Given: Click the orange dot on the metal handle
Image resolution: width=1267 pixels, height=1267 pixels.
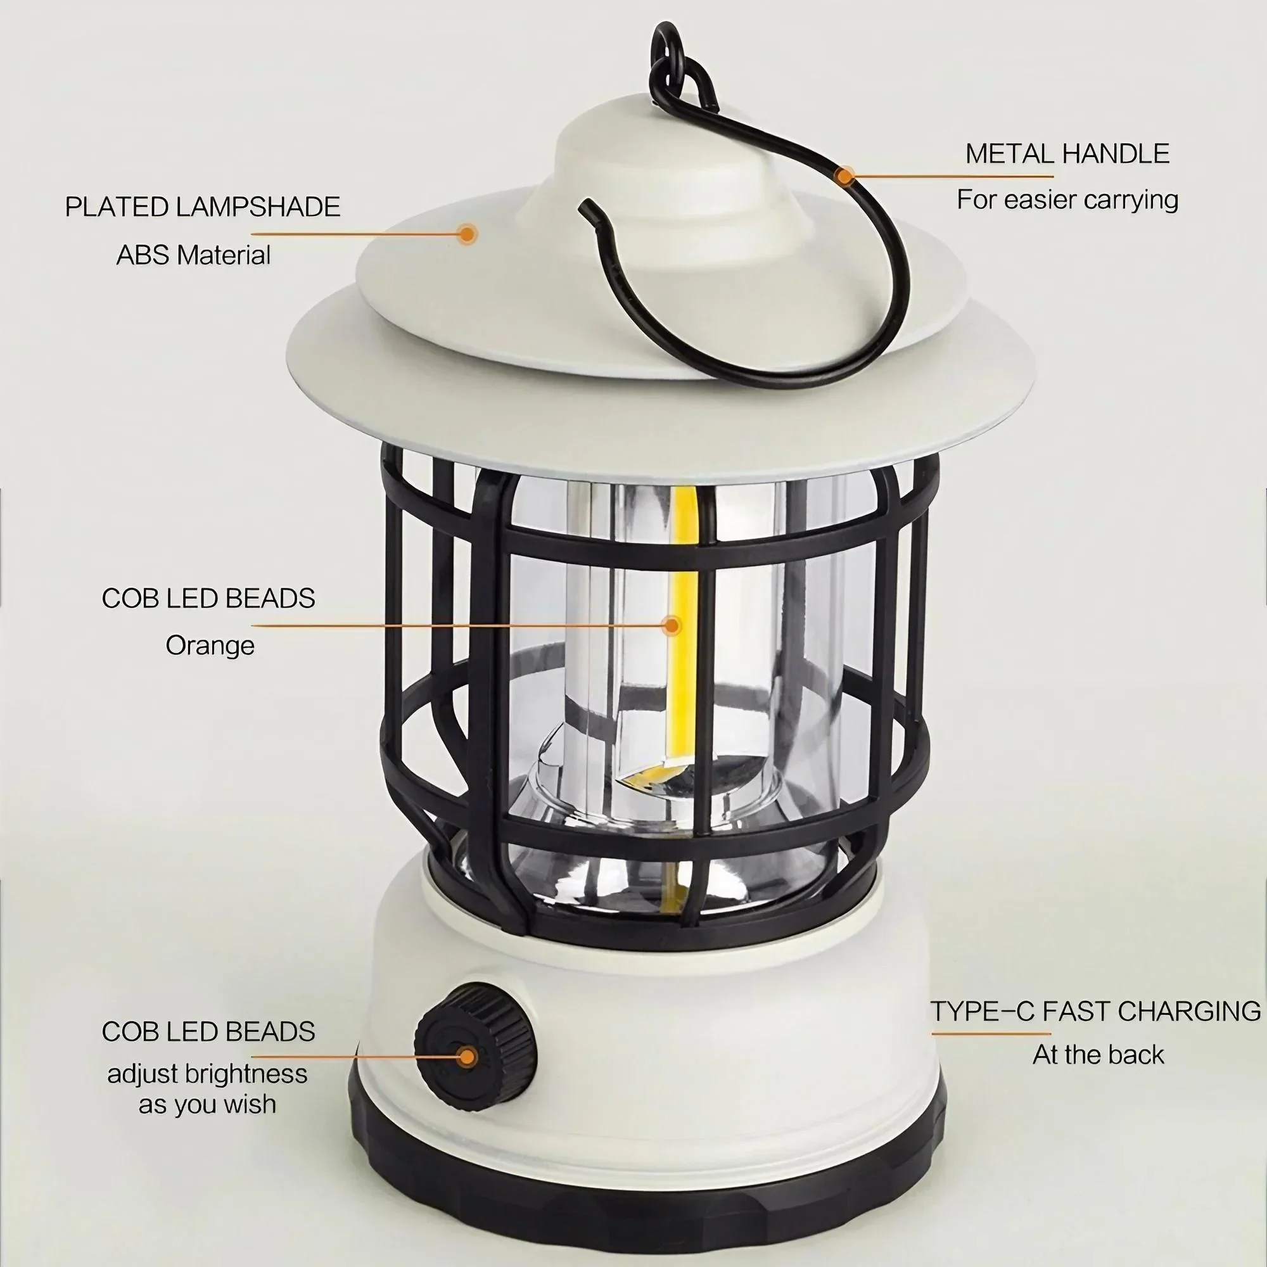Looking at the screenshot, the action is [x=846, y=175].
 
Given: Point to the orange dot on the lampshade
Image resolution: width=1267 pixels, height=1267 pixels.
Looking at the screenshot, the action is [x=467, y=234].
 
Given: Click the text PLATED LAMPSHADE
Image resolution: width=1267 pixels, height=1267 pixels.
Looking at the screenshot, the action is [x=203, y=207].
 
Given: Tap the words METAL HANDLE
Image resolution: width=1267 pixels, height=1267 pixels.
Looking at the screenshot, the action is [x=1067, y=153].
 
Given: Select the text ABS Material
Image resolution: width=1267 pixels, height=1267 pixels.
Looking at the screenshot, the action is [x=193, y=255].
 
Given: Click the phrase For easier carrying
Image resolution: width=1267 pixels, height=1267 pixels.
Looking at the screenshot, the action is [x=1067, y=200].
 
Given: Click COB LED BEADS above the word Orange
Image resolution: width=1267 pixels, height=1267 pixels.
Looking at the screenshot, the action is [x=208, y=598].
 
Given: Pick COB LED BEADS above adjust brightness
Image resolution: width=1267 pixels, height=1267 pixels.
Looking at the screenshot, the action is [x=208, y=1031].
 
